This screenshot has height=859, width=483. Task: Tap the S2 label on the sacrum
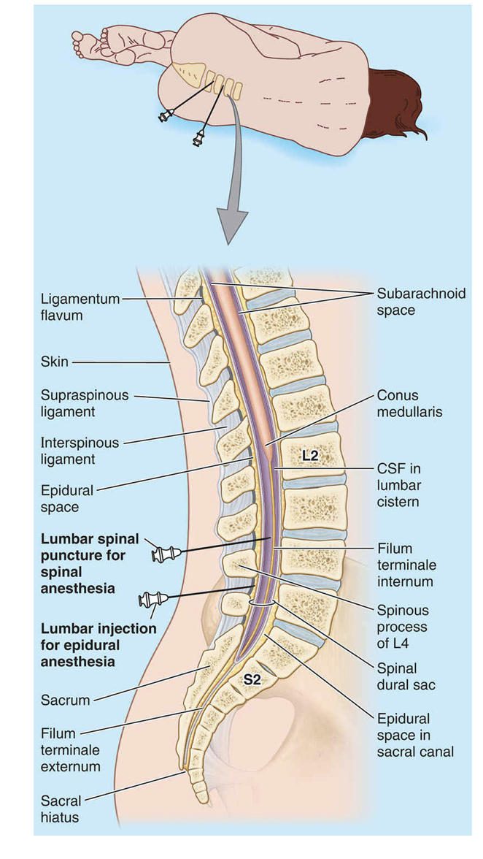[x=252, y=679]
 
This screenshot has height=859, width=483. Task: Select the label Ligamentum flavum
[x=77, y=308]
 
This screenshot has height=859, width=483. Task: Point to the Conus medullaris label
[x=409, y=403]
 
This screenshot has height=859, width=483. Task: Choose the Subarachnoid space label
[x=411, y=302]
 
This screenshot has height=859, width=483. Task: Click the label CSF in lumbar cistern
[x=398, y=484]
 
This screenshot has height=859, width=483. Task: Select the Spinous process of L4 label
[x=402, y=627]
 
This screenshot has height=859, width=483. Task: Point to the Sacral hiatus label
[x=61, y=809]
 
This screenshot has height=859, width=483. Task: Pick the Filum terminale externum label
[x=70, y=749]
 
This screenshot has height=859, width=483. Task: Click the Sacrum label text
[x=66, y=700]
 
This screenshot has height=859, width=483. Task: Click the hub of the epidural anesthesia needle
[x=152, y=600]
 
